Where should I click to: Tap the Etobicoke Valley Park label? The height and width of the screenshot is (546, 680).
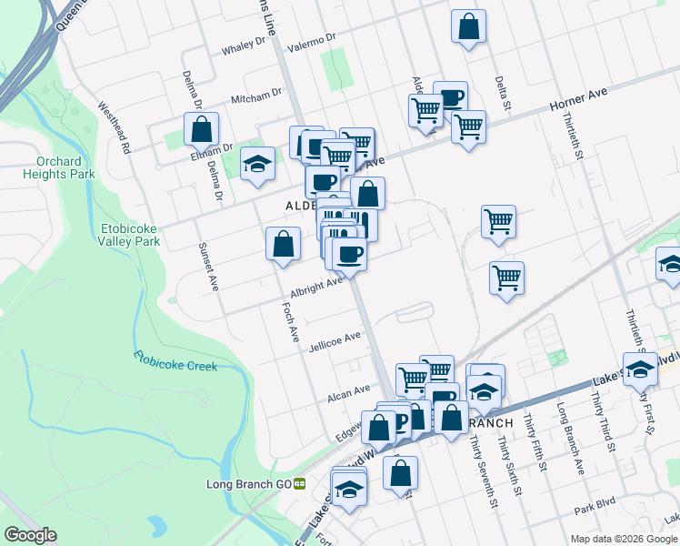130,235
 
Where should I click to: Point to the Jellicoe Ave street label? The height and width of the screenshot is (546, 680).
335,341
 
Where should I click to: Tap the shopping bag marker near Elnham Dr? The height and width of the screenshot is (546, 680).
201,129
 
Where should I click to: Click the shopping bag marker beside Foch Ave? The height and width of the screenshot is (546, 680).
284,244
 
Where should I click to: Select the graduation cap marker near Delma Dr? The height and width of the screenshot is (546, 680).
258,164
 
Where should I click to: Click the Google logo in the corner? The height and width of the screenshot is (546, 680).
30,535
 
